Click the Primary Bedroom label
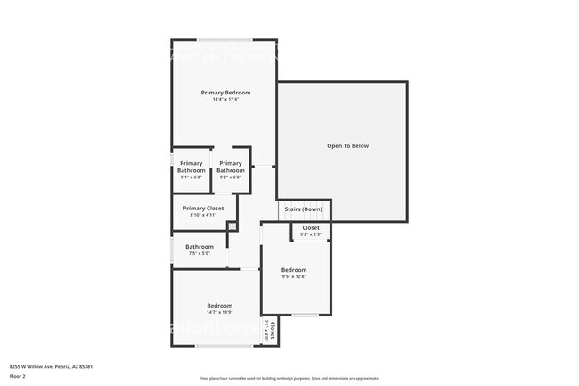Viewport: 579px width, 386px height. tap(225, 93)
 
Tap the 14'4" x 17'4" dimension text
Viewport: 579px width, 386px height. tap(225, 100)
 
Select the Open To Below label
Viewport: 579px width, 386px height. tap(347, 145)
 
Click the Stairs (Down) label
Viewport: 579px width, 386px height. tap(303, 209)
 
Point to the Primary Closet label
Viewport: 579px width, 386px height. tap(203, 208)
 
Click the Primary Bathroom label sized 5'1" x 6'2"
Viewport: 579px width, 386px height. tap(192, 164)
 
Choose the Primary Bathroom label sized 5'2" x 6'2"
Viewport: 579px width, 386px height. tap(231, 164)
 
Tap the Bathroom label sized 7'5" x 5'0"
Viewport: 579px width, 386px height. tap(200, 247)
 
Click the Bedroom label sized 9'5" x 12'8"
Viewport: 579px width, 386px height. tap(294, 270)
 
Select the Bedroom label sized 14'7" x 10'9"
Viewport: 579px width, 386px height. tap(219, 306)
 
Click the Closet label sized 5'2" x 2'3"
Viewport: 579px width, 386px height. tap(311, 228)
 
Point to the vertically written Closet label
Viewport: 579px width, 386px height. tap(273, 331)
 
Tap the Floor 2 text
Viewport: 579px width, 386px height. tap(18, 376)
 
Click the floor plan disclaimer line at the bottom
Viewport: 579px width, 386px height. tap(289, 378)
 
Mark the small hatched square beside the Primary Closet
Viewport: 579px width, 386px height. tap(232, 227)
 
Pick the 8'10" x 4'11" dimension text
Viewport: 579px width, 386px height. tap(203, 215)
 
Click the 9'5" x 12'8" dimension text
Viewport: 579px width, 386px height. tap(294, 277)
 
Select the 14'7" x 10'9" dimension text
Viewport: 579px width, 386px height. tap(219, 313)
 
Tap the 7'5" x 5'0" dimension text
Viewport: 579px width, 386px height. tap(200, 254)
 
